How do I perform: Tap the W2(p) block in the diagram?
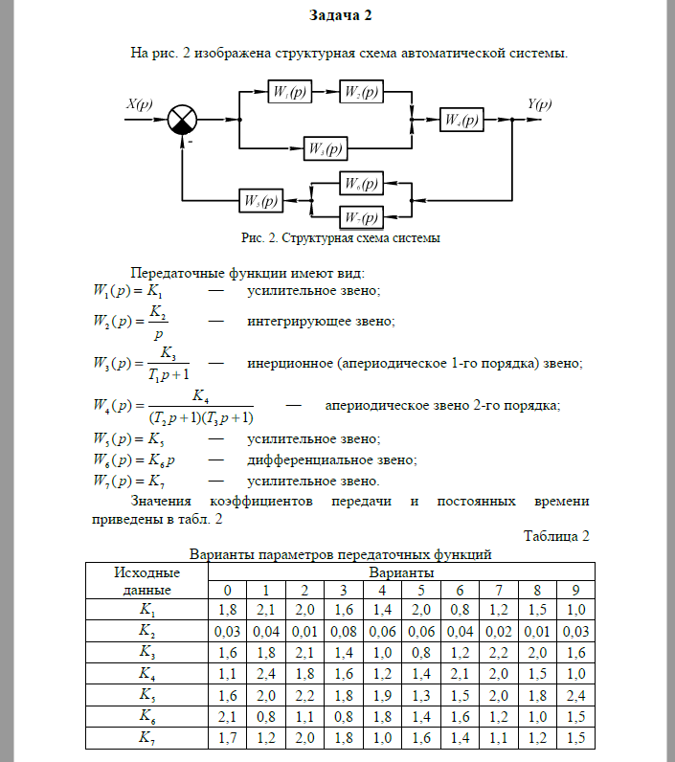click(360, 93)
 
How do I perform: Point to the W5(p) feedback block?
click(259, 201)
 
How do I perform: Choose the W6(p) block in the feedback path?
click(361, 183)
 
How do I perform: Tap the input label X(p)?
click(139, 104)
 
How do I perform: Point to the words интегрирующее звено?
click(320, 322)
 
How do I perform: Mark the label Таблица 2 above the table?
click(556, 535)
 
